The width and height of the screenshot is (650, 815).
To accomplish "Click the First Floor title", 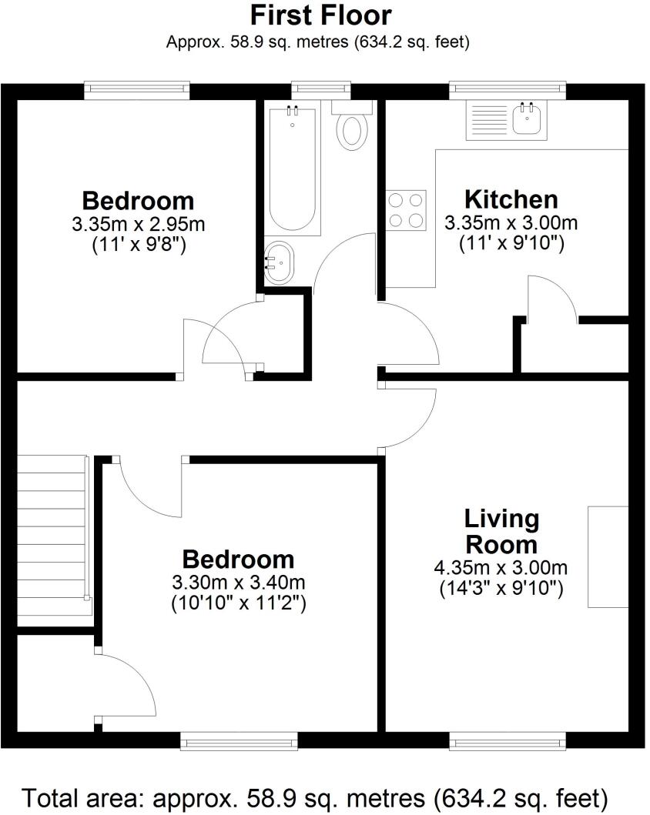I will click(x=320, y=15).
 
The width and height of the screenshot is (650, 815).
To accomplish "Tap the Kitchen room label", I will click(x=511, y=199).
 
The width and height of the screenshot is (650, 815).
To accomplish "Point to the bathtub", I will click(x=293, y=169).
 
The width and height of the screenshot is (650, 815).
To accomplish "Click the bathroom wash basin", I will click(x=279, y=262).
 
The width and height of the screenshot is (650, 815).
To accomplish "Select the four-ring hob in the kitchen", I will click(x=407, y=209).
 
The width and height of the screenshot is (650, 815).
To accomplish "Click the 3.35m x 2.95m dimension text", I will click(x=138, y=225).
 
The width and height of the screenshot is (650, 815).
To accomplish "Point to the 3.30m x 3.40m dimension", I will click(x=238, y=583).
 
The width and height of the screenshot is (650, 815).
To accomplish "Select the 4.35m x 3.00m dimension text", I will click(x=501, y=569).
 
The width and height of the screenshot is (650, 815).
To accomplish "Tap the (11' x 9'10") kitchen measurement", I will click(x=511, y=244).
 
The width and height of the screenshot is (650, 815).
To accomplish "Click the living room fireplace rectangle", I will click(x=608, y=556).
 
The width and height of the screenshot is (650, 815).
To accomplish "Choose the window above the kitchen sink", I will click(x=508, y=90).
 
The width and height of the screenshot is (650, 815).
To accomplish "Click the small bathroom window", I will click(x=321, y=90).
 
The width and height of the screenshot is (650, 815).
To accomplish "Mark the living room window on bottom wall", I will click(x=508, y=741).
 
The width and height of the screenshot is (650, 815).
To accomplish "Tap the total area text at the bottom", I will click(x=316, y=795).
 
